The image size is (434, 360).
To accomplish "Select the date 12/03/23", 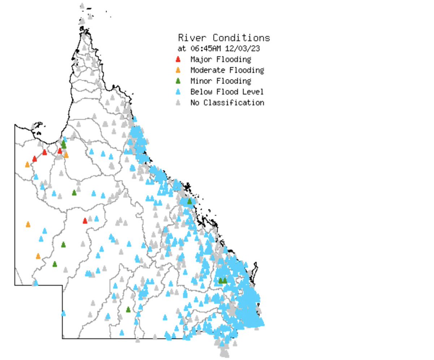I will (243, 48).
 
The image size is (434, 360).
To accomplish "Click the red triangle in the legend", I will (178, 59).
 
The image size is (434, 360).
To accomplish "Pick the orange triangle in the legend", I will (178, 70).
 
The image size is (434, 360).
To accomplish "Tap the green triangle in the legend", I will (178, 81).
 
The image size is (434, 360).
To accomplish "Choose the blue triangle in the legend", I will (178, 92).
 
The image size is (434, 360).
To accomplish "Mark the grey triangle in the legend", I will (178, 103).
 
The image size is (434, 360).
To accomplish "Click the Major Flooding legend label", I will (221, 59).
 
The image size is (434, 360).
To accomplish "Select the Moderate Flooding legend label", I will (227, 70).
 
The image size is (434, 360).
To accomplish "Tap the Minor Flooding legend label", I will (221, 81).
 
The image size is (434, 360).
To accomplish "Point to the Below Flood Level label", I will (227, 92).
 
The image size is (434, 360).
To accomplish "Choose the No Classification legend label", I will (227, 103).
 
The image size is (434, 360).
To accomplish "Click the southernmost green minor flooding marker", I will (128, 310).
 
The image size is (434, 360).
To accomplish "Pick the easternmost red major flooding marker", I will (85, 221).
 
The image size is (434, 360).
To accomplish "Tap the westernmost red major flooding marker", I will (35, 159).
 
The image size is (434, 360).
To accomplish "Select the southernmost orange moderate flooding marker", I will (38, 256).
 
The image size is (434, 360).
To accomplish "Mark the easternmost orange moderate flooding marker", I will (66, 155).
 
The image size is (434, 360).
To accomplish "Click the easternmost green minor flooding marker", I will (225, 280).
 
